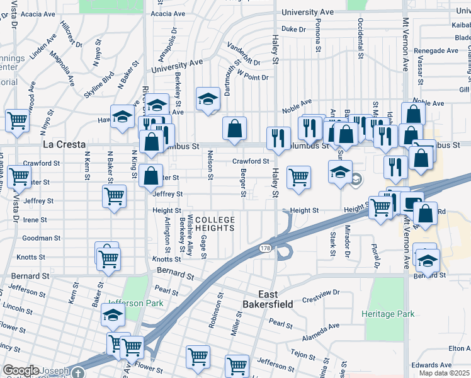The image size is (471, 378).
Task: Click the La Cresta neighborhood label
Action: [64, 144]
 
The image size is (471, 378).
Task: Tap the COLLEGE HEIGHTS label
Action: [215, 224]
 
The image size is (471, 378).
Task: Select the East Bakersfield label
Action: [268, 299]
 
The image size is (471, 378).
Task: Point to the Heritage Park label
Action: [388, 313]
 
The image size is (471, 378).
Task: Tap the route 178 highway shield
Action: [265, 249]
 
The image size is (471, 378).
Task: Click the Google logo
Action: [21, 370]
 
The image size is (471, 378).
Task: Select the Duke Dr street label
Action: [293, 29]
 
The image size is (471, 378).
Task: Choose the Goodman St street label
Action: [41, 238]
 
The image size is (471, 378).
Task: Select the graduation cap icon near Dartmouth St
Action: [208, 99]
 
